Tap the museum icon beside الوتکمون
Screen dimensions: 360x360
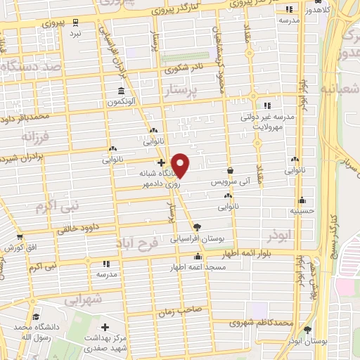[x=122, y=91]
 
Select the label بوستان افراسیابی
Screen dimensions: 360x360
[x=196, y=238]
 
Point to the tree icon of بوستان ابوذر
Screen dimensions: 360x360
[x=307, y=330]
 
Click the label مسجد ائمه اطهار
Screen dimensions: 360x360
[x=197, y=268]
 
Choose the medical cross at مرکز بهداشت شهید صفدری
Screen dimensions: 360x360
[x=105, y=327]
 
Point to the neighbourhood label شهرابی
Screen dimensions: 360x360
[x=84, y=300]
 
